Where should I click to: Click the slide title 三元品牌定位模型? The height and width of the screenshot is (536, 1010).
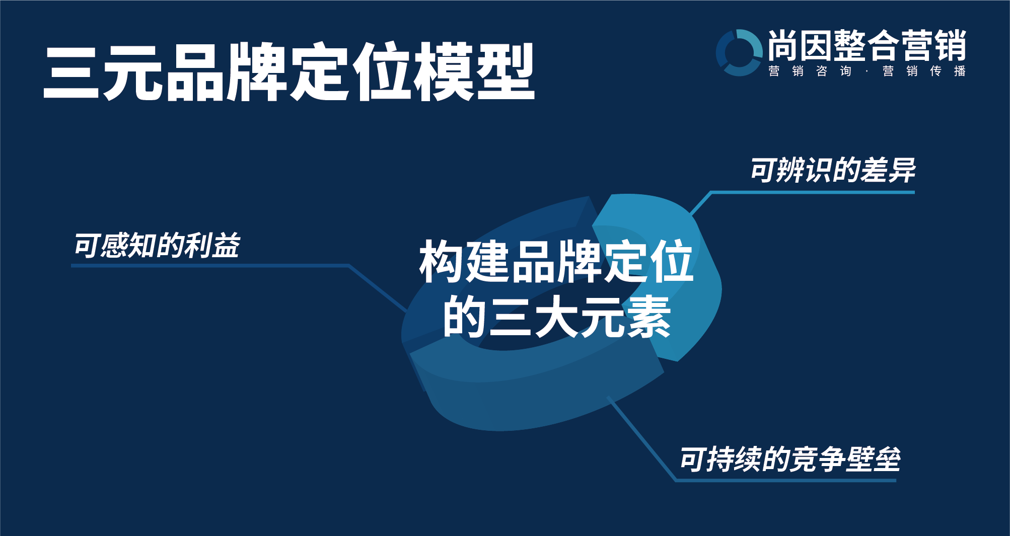pyautogui.click(x=289, y=71)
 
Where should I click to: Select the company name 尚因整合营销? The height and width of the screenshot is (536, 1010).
pyautogui.click(x=867, y=45)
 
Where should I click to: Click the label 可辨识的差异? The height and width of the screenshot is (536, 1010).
pyautogui.click(x=833, y=170)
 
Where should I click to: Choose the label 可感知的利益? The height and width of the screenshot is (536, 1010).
pyautogui.click(x=157, y=246)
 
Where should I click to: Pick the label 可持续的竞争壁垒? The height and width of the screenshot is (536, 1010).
pyautogui.click(x=790, y=459)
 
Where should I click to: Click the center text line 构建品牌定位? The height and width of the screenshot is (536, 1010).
pyautogui.click(x=556, y=261)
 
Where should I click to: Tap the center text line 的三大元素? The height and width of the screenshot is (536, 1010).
pyautogui.click(x=556, y=317)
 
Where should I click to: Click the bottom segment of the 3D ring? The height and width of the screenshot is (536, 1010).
pyautogui.click(x=534, y=398)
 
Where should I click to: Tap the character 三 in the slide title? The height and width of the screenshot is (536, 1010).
pyautogui.click(x=71, y=72)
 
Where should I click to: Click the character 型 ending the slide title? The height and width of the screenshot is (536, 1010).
pyautogui.click(x=505, y=71)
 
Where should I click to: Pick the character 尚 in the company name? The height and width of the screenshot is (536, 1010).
pyautogui.click(x=783, y=45)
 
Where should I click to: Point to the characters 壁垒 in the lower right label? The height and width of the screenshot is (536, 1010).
pyautogui.click(x=873, y=459)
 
